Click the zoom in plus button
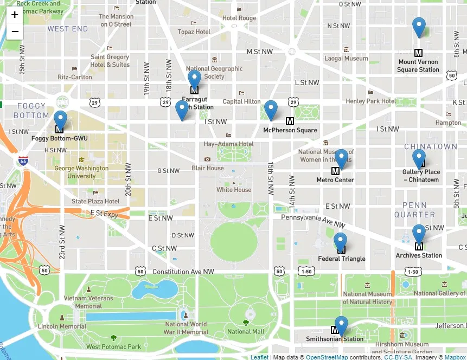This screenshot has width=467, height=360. tap(15, 15)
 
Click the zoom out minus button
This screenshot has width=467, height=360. tap(15, 31)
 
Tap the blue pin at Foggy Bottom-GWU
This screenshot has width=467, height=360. tap(60, 119)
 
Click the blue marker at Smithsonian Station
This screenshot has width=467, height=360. tap(341, 325)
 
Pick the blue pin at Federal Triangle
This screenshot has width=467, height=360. tap(340, 241)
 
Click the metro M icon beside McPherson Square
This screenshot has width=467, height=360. tap(290, 121)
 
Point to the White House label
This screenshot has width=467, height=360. tap(234, 190)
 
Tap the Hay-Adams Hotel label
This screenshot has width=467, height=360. tap(228, 144)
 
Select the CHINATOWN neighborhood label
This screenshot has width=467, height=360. tap(431, 147)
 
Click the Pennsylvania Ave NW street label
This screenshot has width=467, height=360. tap(313, 220)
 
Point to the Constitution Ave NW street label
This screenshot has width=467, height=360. tap(183, 271)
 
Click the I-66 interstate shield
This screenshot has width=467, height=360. tap(23, 161)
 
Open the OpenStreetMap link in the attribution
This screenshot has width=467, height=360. tap(326, 357)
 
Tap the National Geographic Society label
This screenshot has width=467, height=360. tap(214, 73)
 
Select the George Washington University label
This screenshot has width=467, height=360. tap(81, 172)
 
